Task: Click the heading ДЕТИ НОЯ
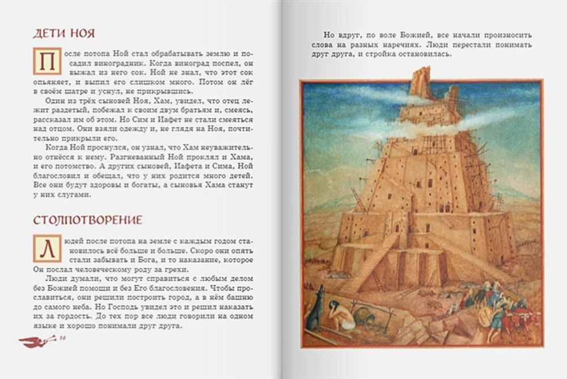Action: [x=64, y=33]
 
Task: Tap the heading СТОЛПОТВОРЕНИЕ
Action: [x=87, y=220]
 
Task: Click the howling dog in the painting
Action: [x=315, y=309]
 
